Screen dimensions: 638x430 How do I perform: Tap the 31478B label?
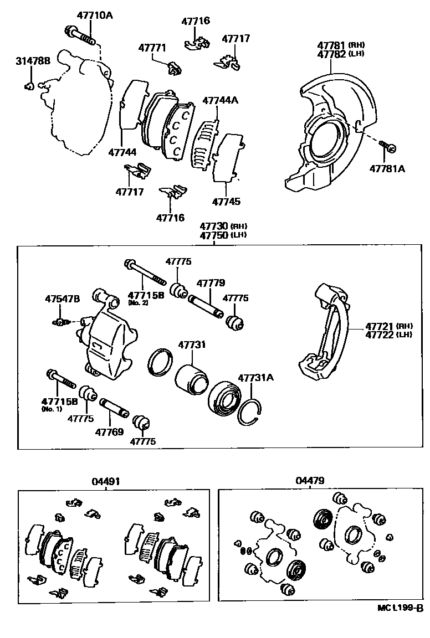pyautogui.click(x=32, y=61)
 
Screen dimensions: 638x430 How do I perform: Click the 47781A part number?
pyautogui.click(x=387, y=168)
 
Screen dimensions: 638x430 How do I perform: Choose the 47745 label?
pyautogui.click(x=226, y=202)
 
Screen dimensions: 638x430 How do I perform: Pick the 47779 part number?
pyautogui.click(x=210, y=283)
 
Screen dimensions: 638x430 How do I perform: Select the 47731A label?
pyautogui.click(x=256, y=378)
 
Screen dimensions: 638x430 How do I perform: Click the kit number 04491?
pyautogui.click(x=105, y=481)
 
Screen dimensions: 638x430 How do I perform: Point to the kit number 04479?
pyautogui.click(x=310, y=481)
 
